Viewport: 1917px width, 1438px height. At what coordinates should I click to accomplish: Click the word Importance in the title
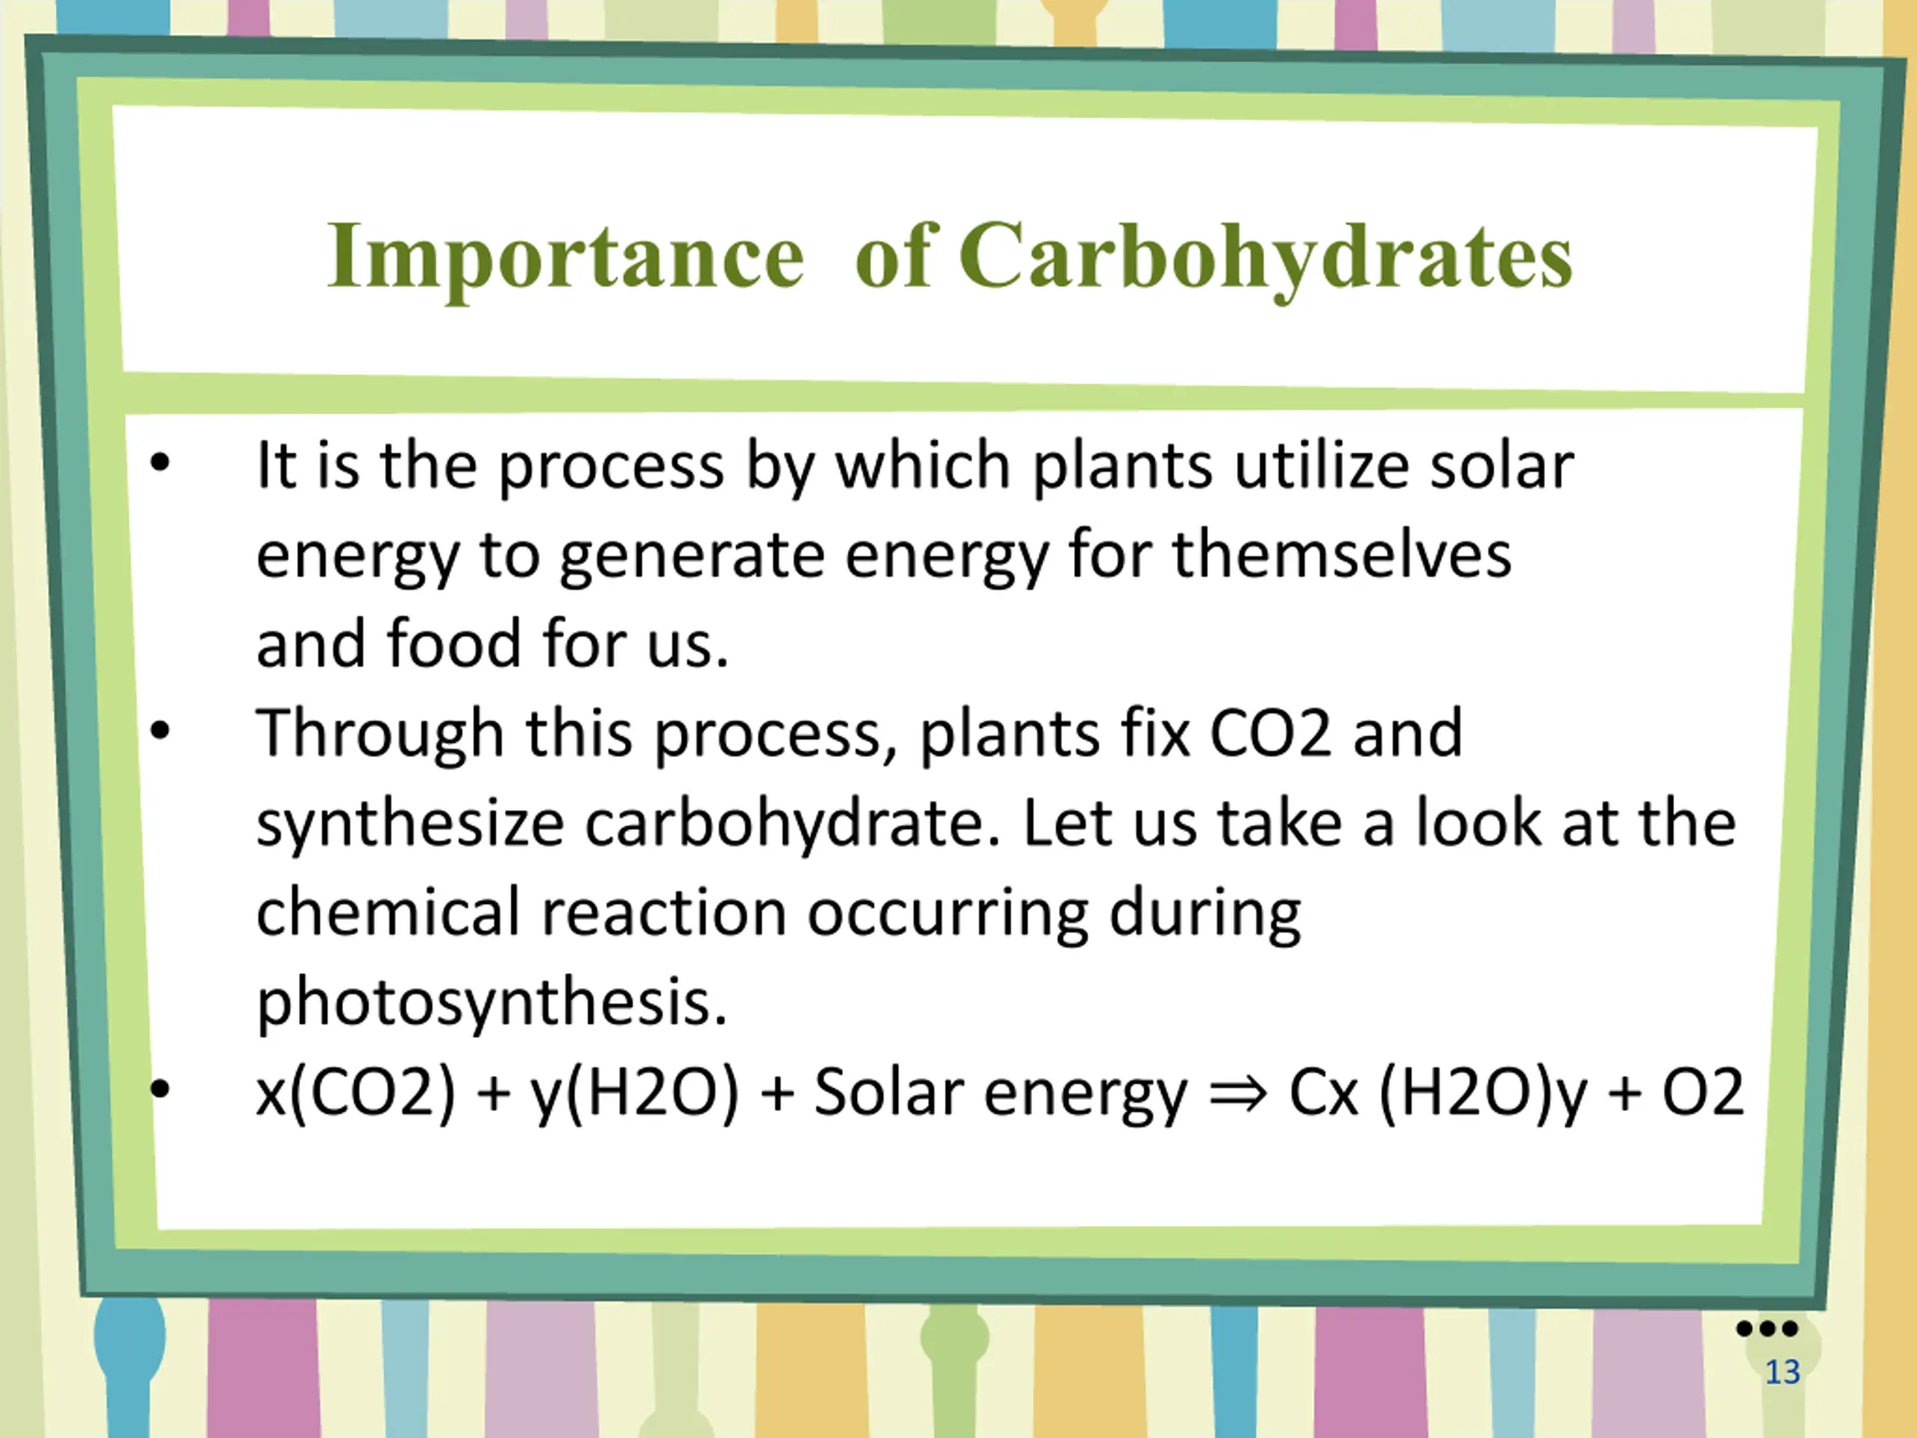pyautogui.click(x=566, y=258)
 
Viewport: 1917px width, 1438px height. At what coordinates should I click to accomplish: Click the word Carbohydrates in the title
pyautogui.click(x=1266, y=258)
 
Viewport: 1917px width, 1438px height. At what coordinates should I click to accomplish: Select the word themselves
pyautogui.click(x=1343, y=555)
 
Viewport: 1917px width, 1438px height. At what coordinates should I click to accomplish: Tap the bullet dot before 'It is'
pyautogui.click(x=160, y=464)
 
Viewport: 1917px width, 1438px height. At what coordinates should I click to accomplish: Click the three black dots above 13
pyautogui.click(x=1767, y=1328)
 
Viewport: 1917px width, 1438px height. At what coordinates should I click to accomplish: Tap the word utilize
pyautogui.click(x=1321, y=467)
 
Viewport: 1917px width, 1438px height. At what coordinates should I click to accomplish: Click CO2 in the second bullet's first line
pyautogui.click(x=1269, y=734)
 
